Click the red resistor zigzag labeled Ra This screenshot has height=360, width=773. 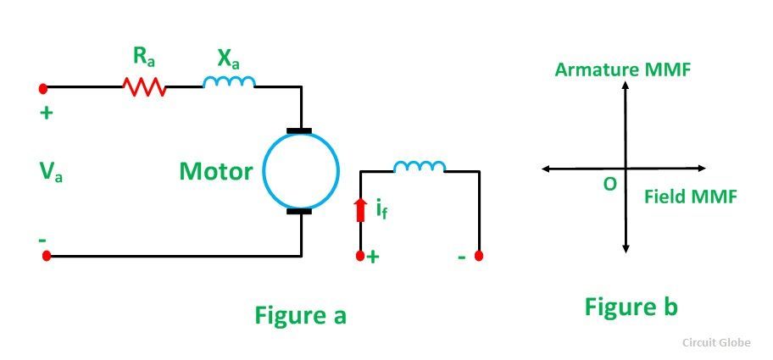[x=144, y=86]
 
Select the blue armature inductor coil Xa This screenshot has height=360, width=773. [x=229, y=82]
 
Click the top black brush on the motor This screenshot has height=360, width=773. [x=298, y=131]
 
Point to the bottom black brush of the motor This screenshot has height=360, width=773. [x=298, y=211]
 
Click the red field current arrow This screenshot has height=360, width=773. [x=361, y=209]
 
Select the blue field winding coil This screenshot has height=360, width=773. [x=420, y=167]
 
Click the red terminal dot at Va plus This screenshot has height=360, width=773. [x=43, y=88]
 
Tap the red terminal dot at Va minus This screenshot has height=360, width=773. [x=47, y=256]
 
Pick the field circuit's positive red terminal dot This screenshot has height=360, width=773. [x=360, y=256]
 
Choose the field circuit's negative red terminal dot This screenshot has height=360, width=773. [x=479, y=256]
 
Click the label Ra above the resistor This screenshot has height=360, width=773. [x=143, y=58]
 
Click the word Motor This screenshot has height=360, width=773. [x=216, y=171]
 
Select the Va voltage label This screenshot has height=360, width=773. [x=51, y=172]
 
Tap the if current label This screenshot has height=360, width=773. [x=381, y=210]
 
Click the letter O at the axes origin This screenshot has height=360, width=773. [x=609, y=184]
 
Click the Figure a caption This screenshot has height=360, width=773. [x=301, y=314]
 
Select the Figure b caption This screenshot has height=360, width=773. [x=631, y=307]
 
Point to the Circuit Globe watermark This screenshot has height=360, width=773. [x=717, y=342]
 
